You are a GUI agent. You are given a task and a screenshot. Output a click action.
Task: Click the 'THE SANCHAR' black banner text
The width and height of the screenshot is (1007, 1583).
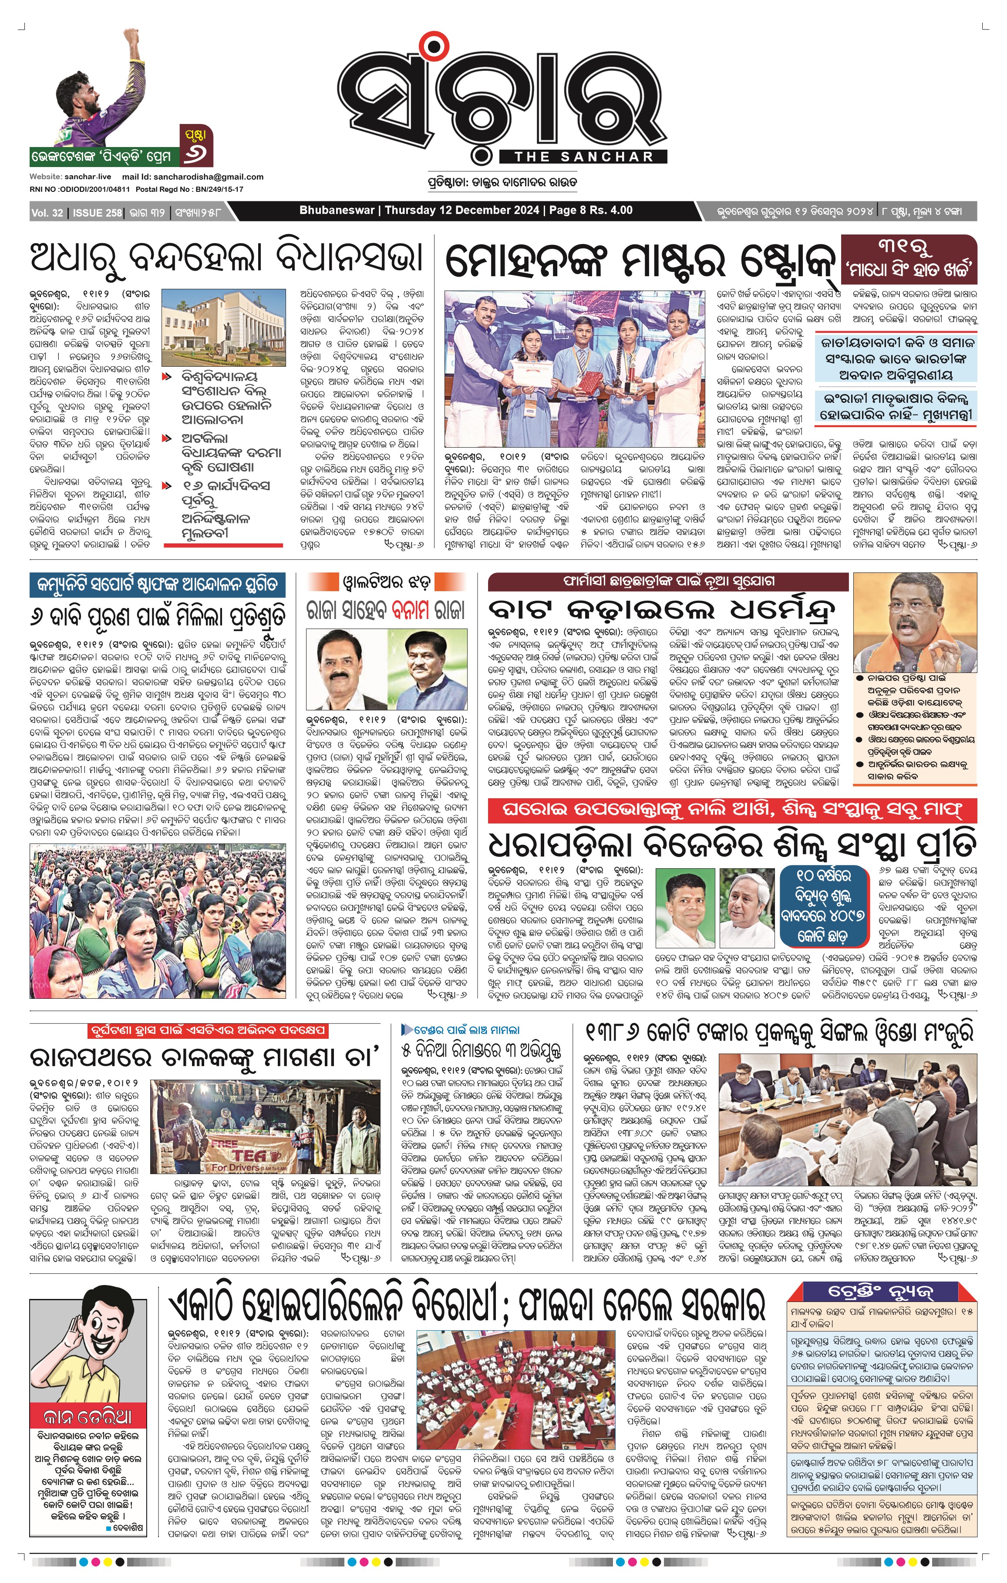[x=583, y=157]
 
